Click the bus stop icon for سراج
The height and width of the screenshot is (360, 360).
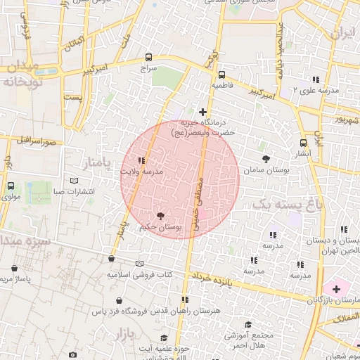tap(148, 58)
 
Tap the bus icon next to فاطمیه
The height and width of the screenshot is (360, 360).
tap(221, 75)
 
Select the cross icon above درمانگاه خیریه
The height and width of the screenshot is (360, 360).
tap(203, 112)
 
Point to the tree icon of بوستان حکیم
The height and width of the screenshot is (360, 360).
tap(161, 216)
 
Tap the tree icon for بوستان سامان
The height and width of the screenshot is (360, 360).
tap(265, 159)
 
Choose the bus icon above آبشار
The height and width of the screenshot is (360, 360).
tap(304, 143)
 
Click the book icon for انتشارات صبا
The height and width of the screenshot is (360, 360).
tap(75, 180)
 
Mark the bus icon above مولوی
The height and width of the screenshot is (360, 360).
tap(11, 186)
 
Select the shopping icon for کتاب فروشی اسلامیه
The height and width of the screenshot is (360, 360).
tap(111, 259)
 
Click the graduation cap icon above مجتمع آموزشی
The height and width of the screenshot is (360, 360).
tap(247, 324)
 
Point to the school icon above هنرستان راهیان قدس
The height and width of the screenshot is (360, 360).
tap(186, 300)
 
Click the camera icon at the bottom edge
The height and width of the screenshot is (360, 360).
tap(72, 355)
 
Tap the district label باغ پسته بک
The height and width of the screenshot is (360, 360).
tap(279, 204)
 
